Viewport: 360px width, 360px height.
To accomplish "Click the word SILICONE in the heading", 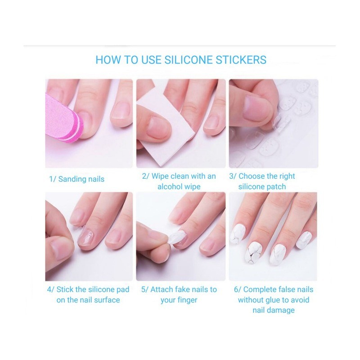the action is click(189, 60).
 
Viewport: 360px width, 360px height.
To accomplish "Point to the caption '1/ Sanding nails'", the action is click(76, 179).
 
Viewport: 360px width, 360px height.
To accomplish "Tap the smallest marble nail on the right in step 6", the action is click(304, 240).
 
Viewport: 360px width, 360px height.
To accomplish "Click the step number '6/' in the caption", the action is click(238, 289).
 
